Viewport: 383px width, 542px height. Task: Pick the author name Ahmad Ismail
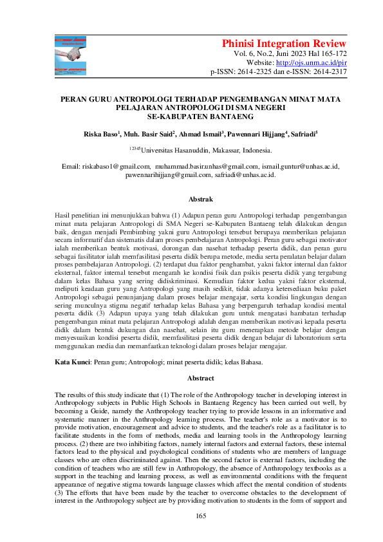pyautogui.click(x=200, y=135)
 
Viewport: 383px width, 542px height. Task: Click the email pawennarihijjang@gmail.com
pyautogui.click(x=169, y=174)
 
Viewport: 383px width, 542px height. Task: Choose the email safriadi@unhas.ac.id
pyautogui.click(x=247, y=174)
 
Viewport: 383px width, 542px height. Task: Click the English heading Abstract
pyautogui.click(x=200, y=378)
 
